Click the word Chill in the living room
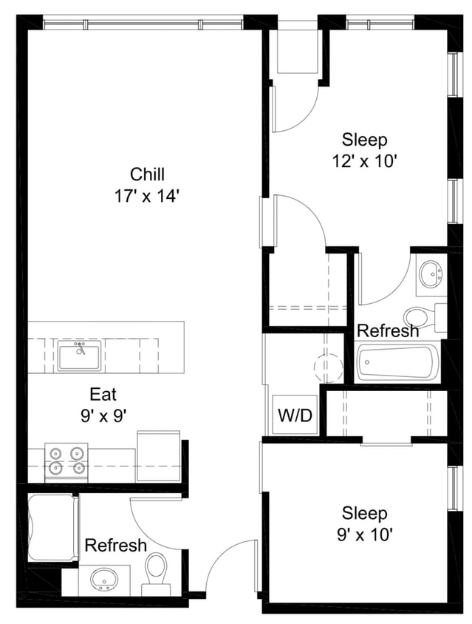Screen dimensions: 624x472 (x=147, y=174)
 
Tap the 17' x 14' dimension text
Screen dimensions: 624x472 (x=147, y=196)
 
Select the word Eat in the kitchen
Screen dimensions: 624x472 (x=103, y=394)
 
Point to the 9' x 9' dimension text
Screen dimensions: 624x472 (x=103, y=416)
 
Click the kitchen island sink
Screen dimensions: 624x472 (x=80, y=356)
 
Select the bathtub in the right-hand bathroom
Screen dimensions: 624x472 (x=397, y=363)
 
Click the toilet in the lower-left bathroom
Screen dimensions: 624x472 (x=156, y=572)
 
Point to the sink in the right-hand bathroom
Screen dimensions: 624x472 (x=430, y=274)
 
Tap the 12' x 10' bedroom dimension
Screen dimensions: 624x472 (x=364, y=160)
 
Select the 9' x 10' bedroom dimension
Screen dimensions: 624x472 (x=364, y=534)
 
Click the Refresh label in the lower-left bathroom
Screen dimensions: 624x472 (x=115, y=546)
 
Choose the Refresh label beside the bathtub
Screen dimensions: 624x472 (x=388, y=330)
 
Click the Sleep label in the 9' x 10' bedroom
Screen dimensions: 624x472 (x=364, y=512)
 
